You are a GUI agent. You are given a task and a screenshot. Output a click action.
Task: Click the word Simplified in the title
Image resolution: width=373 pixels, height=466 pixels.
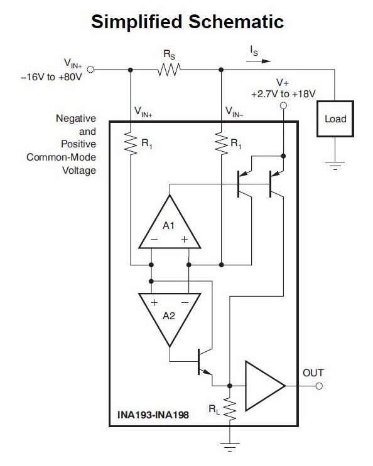(x=137, y=22)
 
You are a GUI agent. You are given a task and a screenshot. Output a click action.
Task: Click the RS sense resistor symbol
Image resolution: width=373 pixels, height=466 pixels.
(x=169, y=70)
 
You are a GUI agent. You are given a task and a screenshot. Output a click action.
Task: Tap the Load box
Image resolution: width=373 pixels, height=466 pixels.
(x=335, y=119)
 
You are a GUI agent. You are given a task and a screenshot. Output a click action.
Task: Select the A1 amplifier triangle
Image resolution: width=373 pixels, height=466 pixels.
(x=170, y=221)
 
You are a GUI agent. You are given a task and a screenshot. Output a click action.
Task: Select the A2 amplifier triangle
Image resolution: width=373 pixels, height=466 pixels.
(x=170, y=320)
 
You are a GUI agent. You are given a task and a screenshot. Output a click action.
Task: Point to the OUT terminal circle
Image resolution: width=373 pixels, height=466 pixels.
(x=319, y=386)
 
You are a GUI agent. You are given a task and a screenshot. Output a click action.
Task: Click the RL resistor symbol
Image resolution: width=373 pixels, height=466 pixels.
(x=230, y=409)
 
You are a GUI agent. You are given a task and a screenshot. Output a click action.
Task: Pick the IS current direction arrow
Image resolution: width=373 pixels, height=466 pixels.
(x=258, y=61)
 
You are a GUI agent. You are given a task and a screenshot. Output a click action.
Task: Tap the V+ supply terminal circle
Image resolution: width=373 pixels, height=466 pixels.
(x=283, y=105)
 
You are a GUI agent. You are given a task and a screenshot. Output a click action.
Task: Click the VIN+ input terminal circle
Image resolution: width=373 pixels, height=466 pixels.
(x=90, y=70)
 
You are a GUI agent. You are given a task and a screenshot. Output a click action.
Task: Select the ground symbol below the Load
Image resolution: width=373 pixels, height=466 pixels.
(x=335, y=166)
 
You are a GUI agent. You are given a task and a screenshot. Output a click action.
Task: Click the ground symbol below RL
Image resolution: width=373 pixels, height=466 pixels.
(x=230, y=447)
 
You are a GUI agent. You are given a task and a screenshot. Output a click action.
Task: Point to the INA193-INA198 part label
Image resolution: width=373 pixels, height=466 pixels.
(x=153, y=415)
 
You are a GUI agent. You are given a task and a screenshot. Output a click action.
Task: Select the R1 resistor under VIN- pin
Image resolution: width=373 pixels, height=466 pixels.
(x=221, y=143)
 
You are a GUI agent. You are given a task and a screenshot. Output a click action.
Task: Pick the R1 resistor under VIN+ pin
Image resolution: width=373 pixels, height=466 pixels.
(x=130, y=143)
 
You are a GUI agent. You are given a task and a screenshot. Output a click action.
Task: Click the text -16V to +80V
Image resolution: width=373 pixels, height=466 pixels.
(x=51, y=77)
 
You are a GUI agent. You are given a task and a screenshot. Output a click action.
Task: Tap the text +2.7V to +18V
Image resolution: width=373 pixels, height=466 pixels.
(x=283, y=94)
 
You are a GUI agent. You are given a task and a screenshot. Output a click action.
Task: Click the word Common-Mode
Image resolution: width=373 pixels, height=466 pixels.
(x=62, y=157)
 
